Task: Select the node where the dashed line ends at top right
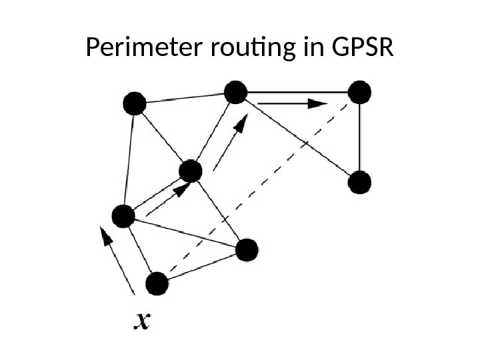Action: coord(359,92)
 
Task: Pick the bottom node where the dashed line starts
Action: coord(156,284)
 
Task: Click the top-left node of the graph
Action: coord(134,103)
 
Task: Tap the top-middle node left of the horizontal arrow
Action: coord(235,92)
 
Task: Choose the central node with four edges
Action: coord(191,171)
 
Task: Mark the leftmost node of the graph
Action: coord(123,216)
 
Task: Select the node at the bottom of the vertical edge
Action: coord(359,181)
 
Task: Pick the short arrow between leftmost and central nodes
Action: coord(163,201)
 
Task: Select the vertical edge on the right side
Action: coord(359,137)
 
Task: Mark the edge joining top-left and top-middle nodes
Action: coord(185,98)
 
